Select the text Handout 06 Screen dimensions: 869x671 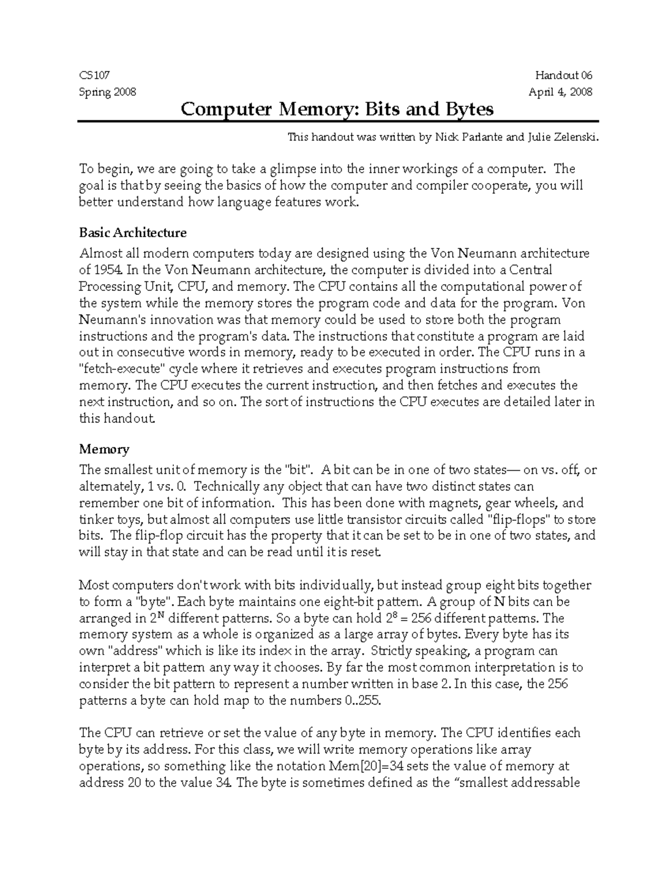pyautogui.click(x=563, y=76)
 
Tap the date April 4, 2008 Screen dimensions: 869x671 pyautogui.click(x=560, y=92)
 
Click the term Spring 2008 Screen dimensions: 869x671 pyautogui.click(x=107, y=92)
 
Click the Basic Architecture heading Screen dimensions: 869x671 pyautogui.click(x=133, y=232)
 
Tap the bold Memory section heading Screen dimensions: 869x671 pyautogui.click(x=104, y=449)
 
